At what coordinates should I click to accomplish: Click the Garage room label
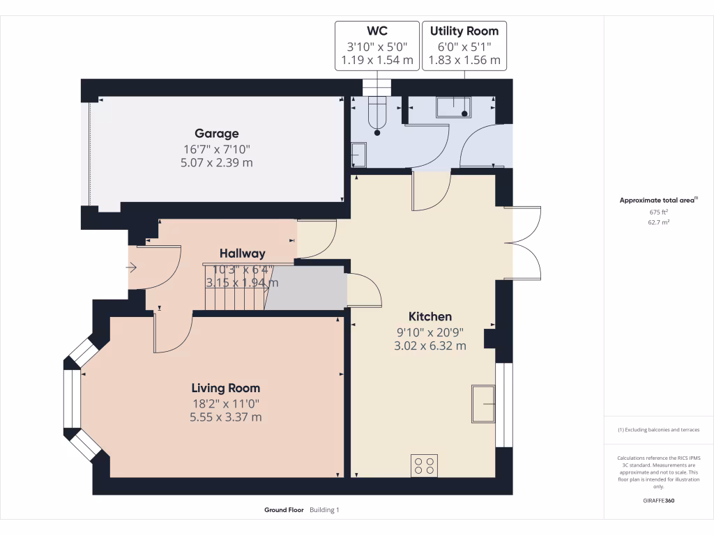[216, 134]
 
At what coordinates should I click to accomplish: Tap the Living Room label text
[226, 388]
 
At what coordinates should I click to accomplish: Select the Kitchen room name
[430, 316]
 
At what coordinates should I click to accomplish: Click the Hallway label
[243, 254]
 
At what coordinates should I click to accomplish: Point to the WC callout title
[377, 31]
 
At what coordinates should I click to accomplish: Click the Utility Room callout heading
[464, 31]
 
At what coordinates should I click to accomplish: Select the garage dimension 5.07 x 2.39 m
[216, 163]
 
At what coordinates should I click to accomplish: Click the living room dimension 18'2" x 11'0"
[226, 403]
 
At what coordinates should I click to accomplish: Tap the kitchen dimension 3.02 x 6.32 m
[430, 346]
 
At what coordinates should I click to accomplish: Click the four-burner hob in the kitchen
[425, 465]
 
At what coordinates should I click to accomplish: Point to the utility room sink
[455, 107]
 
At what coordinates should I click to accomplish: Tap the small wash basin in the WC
[358, 154]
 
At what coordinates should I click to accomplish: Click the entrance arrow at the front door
[132, 267]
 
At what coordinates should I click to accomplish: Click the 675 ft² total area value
[658, 212]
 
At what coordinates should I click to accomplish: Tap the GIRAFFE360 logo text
[659, 500]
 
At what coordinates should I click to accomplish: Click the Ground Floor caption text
[284, 510]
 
